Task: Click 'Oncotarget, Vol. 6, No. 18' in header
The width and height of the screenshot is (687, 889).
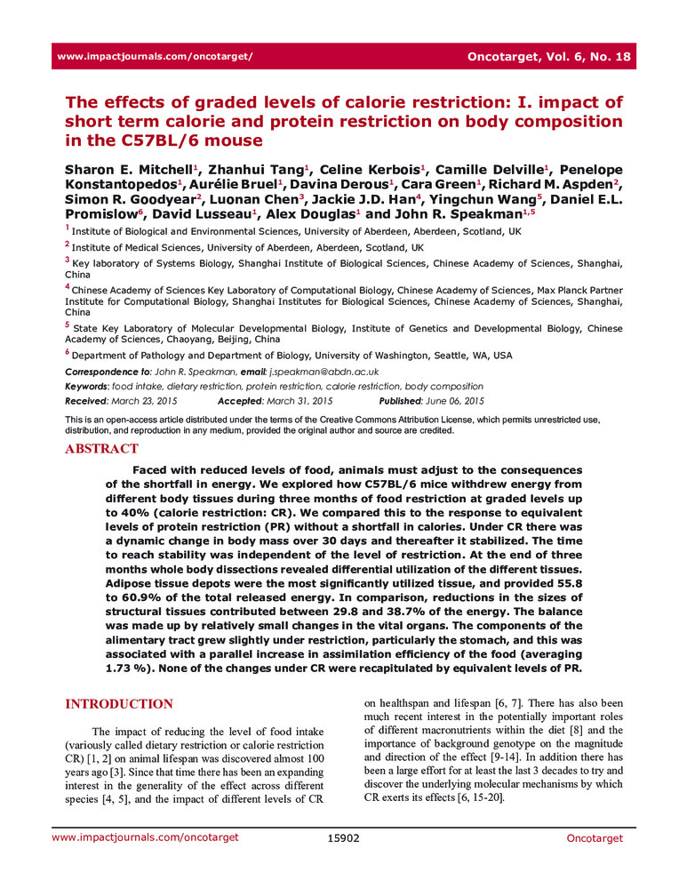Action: (548, 57)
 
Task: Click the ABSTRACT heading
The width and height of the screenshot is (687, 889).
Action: (101, 449)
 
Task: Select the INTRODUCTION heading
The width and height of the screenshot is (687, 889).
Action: (119, 704)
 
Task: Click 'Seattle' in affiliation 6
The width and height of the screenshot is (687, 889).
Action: (438, 355)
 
